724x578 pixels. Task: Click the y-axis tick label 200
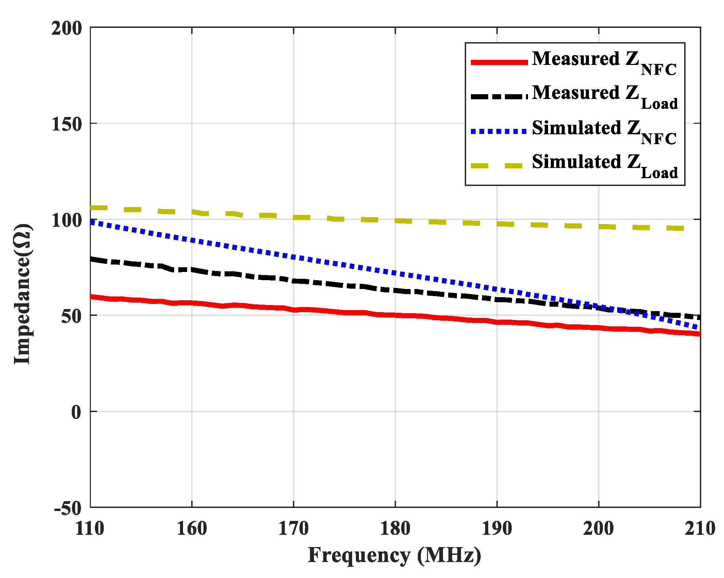(x=67, y=28)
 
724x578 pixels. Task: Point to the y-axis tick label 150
(x=67, y=124)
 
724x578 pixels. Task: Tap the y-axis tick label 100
(x=67, y=220)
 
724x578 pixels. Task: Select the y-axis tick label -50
(x=68, y=509)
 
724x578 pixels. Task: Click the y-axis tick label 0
(x=76, y=412)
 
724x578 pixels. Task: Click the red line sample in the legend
(x=499, y=62)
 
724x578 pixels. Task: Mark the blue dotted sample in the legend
(x=499, y=131)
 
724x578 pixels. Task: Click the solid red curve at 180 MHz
(x=395, y=315)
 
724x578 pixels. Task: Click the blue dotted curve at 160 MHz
(x=192, y=240)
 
